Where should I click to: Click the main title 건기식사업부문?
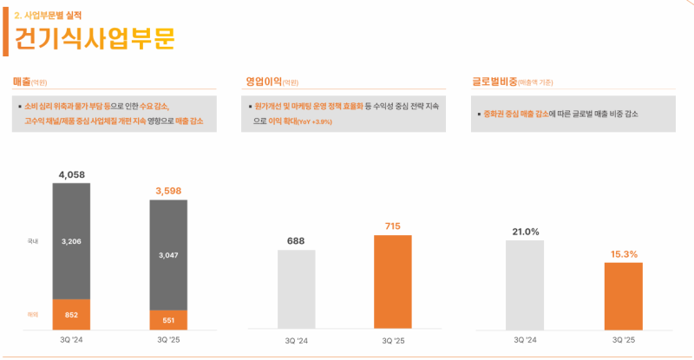[95, 40]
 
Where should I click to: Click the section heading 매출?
[22, 82]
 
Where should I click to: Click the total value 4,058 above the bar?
[71, 174]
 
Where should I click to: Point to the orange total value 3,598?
[168, 190]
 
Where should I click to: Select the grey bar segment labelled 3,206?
[71, 241]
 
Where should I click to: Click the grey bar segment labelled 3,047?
[168, 255]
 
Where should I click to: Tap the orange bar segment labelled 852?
[71, 314]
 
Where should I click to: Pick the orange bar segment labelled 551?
[168, 320]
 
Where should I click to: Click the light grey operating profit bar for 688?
[297, 290]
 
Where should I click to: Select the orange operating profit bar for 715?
[393, 282]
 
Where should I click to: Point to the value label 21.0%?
[526, 232]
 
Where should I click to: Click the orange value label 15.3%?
[624, 254]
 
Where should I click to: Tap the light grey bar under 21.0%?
[526, 285]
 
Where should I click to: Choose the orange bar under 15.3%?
[624, 296]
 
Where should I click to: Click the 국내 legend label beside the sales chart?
[33, 241]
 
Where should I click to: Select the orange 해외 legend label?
[33, 314]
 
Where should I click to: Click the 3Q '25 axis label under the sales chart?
[168, 341]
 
